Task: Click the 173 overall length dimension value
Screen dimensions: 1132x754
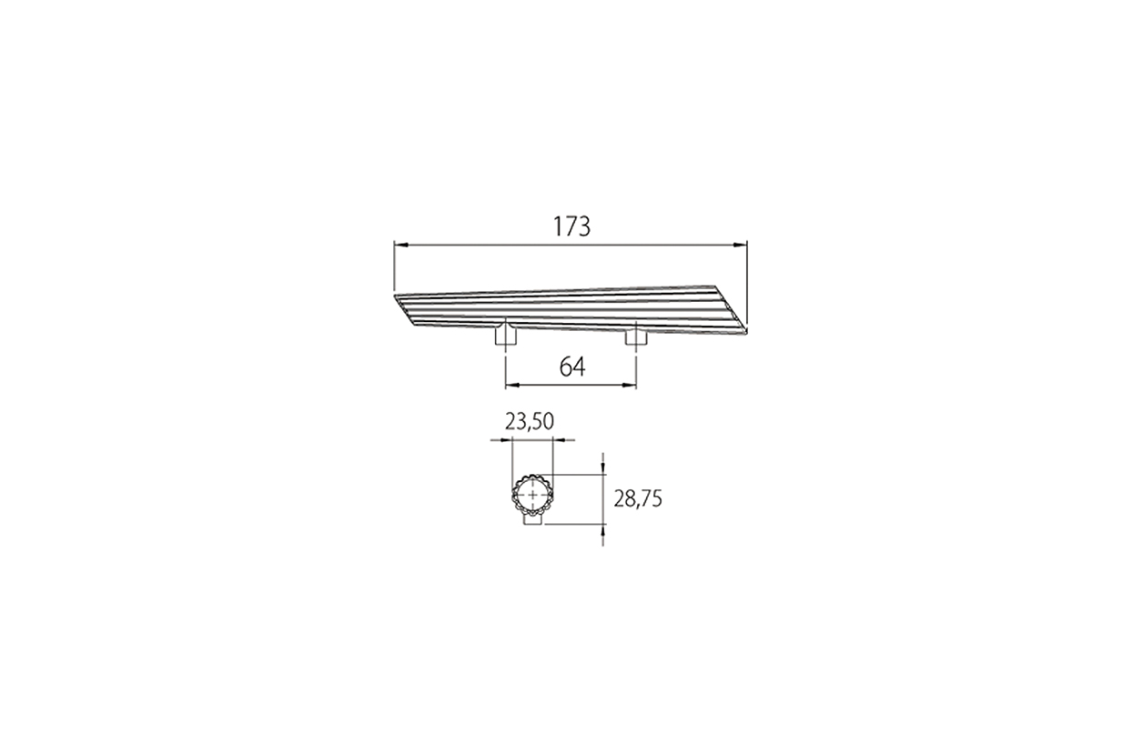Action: (x=571, y=226)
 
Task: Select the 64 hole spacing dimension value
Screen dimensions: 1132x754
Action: (x=572, y=367)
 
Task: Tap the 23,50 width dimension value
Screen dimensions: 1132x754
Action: (x=529, y=422)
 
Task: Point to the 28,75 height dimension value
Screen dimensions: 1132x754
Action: (x=638, y=499)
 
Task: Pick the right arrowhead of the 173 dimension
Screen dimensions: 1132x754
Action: (x=740, y=245)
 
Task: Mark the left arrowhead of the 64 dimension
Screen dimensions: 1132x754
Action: (x=512, y=386)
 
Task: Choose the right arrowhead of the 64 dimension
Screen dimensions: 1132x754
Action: (x=629, y=386)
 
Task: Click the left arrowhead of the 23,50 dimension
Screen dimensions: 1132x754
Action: (x=506, y=440)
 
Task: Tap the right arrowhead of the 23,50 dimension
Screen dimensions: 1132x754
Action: (x=559, y=440)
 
